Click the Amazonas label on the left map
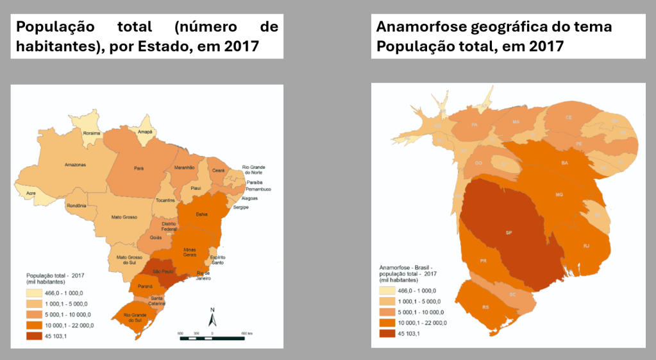point(75,165)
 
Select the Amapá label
point(146,132)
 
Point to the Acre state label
point(29,191)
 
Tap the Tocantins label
point(165,200)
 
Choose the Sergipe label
point(241,207)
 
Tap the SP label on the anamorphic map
point(509,232)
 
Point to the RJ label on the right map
point(586,246)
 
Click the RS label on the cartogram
point(485,307)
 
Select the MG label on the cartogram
point(559,194)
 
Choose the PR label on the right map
point(483,261)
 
